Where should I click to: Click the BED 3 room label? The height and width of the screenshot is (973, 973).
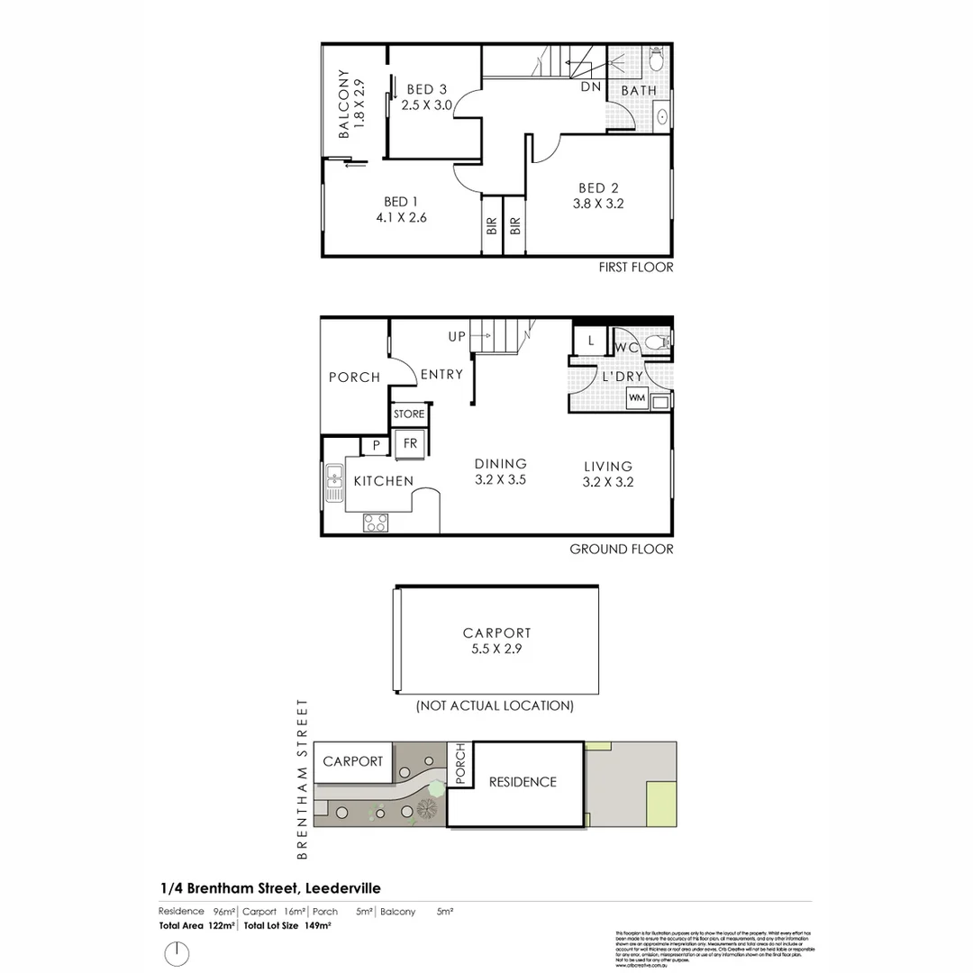click(426, 89)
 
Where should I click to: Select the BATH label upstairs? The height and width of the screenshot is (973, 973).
click(639, 90)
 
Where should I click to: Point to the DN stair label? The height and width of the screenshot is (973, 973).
click(591, 87)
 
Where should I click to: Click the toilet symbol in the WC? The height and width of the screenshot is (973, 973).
click(661, 341)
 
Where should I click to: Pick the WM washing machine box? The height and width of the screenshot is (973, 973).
click(637, 396)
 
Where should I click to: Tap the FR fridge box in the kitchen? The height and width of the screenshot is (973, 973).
click(410, 443)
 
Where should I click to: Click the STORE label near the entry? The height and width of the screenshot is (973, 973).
click(409, 414)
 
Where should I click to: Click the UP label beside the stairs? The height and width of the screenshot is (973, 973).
click(457, 336)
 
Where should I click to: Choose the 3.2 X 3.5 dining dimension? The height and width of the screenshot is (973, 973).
click(500, 480)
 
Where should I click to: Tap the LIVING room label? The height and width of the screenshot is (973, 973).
click(608, 466)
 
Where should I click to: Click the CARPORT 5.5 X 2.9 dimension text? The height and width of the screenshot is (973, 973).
click(496, 648)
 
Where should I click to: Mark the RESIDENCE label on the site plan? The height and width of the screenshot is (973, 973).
click(523, 782)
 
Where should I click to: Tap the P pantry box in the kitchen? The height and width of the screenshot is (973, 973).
click(375, 445)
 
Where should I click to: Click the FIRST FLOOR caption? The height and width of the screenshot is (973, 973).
click(636, 268)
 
